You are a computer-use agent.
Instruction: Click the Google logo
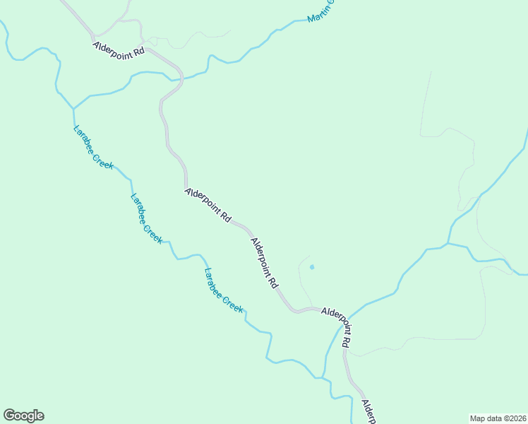coord(23,416)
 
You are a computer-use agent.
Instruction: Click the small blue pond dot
coord(312,267)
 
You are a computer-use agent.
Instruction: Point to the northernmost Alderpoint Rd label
coord(119,49)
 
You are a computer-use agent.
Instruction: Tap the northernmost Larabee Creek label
coord(93,147)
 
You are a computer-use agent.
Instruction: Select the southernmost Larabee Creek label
coord(223,290)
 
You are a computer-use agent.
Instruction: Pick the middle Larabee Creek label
coord(146,218)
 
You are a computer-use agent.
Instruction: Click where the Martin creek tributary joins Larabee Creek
coord(73,108)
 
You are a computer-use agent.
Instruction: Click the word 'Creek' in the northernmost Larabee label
coord(104,159)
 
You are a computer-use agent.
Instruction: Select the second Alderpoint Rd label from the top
coord(208,205)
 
